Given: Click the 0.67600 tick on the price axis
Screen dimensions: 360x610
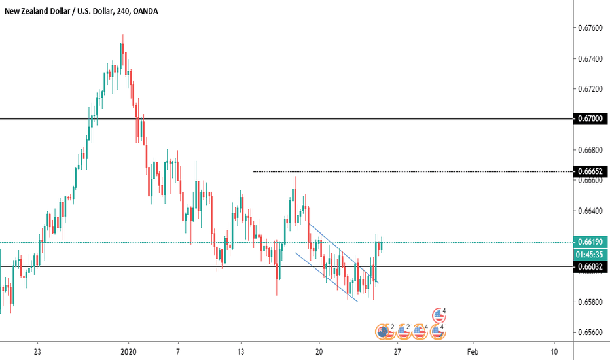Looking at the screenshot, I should [590, 28].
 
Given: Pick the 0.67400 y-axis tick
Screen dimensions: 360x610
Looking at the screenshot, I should [590, 59].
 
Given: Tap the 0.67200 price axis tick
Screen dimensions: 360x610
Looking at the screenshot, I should [590, 89].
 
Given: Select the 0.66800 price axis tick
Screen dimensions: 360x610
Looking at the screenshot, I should [590, 150].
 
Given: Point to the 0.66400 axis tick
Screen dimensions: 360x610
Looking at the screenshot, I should [590, 211].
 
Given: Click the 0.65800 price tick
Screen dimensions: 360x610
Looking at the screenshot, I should [590, 302].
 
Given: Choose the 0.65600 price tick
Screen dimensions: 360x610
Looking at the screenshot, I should [590, 333].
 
